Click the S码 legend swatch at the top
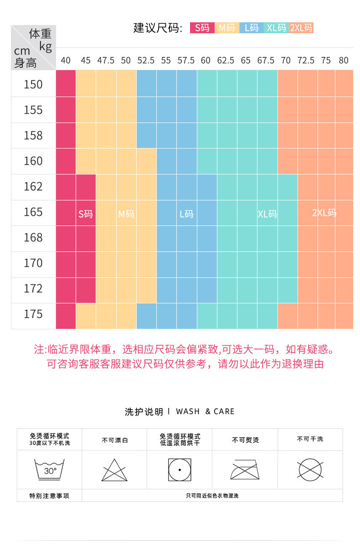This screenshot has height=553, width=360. click(x=202, y=28)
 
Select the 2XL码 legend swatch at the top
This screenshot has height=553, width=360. click(x=301, y=28)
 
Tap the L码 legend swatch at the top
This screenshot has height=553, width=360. click(x=252, y=28)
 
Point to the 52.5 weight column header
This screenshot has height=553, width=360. click(x=146, y=60)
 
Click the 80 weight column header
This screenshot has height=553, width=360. click(x=344, y=60)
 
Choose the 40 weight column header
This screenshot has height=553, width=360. click(x=66, y=60)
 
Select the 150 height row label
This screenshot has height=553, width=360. click(x=33, y=84)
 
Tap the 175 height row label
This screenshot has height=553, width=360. click(x=33, y=314)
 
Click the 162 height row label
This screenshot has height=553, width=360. click(x=33, y=186)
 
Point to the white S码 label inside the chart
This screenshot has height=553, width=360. click(x=85, y=214)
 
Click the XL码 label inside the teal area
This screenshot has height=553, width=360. click(x=267, y=214)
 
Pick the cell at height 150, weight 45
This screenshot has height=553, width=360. click(x=86, y=84)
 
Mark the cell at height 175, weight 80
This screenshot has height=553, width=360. click(x=344, y=316)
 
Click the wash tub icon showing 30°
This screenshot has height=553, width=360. click(x=49, y=470)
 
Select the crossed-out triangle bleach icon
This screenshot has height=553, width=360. click(x=114, y=470)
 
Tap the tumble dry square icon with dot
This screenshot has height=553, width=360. click(x=180, y=470)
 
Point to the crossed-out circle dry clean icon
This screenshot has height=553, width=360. click(x=310, y=470)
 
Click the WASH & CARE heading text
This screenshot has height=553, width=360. click(x=205, y=411)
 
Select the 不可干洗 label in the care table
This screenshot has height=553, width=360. click(x=310, y=439)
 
